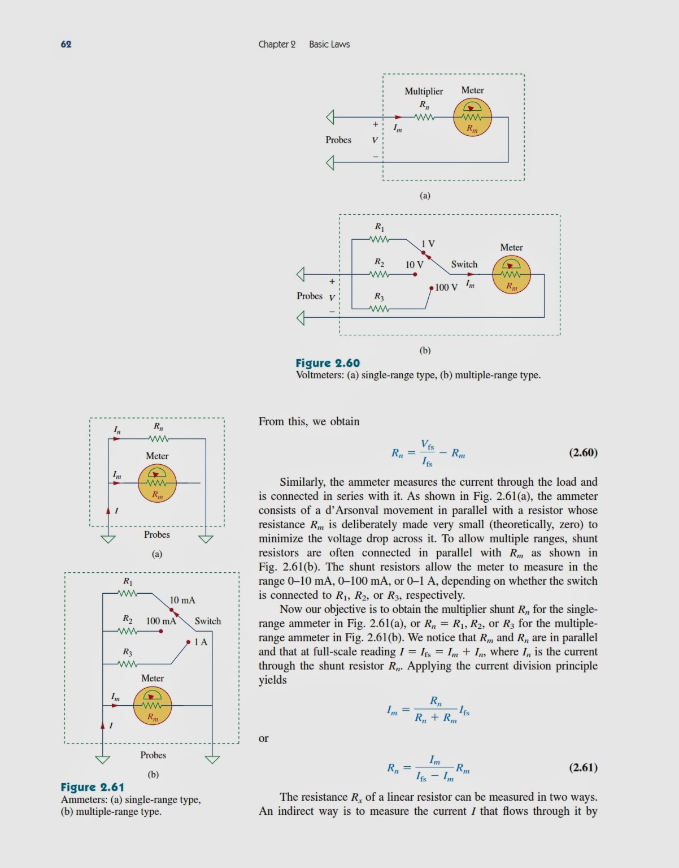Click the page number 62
tap(66, 44)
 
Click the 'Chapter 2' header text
tap(277, 44)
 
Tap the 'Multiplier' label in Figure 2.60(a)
tap(424, 91)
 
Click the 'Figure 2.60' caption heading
tap(328, 363)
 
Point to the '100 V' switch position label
tap(446, 287)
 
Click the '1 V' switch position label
tap(428, 244)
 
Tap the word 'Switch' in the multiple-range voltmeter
tap(464, 264)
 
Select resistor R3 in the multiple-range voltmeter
tap(379, 309)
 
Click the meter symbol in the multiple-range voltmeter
tap(511, 274)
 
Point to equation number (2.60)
tap(583, 452)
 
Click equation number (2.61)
tap(583, 767)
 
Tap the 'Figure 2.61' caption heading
tap(92, 787)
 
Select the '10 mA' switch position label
tap(182, 600)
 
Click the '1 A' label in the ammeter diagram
tap(201, 642)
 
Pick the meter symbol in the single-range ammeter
tap(157, 483)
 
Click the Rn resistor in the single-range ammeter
tap(159, 439)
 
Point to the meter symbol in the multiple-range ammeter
tap(153, 706)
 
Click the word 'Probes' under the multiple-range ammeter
tap(153, 755)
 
